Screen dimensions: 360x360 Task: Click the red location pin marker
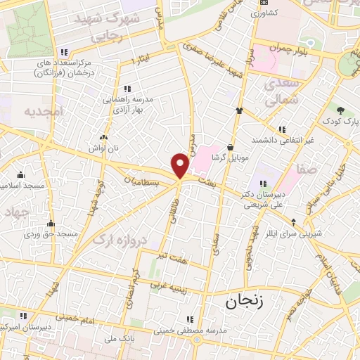pyautogui.click(x=181, y=166)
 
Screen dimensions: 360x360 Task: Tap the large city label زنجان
pyautogui.click(x=243, y=302)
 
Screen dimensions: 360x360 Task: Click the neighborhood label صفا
pyautogui.click(x=306, y=169)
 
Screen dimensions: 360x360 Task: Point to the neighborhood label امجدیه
pyautogui.click(x=43, y=112)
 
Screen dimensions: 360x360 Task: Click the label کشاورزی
pyautogui.click(x=265, y=13)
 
